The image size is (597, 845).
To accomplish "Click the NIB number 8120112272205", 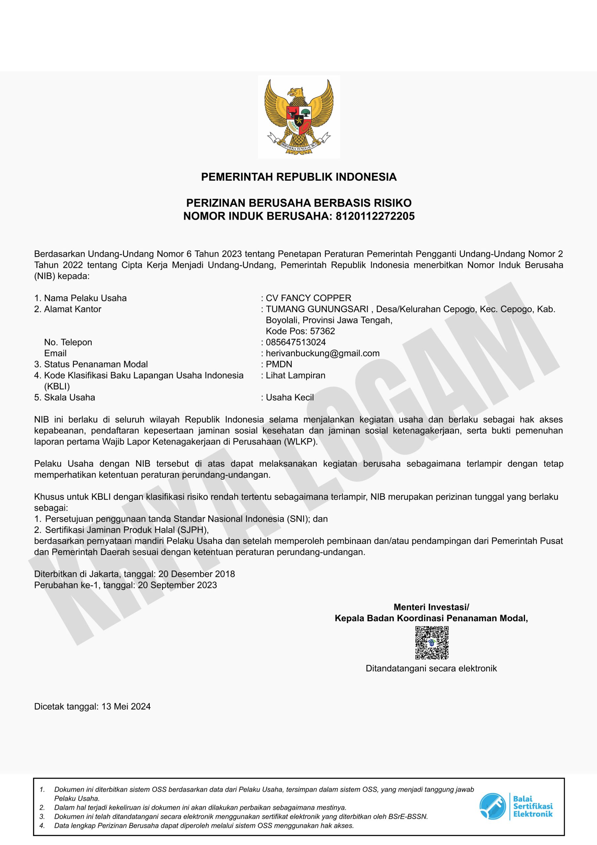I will click(375, 216).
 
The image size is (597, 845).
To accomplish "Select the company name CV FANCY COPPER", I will click(309, 298).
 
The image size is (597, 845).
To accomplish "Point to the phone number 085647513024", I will click(296, 342).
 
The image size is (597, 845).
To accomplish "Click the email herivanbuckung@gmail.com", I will click(322, 353).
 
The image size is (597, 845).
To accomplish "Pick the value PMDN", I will click(279, 364).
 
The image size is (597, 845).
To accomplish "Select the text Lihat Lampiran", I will click(296, 375).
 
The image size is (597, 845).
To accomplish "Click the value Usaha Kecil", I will click(290, 397).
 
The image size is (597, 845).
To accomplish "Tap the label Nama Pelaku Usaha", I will click(85, 298).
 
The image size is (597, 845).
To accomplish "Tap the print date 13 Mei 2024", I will click(126, 706).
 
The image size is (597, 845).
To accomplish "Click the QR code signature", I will click(431, 643).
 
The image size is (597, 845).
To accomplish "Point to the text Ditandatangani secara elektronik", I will click(431, 668).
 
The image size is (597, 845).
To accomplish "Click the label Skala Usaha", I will click(70, 397).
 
